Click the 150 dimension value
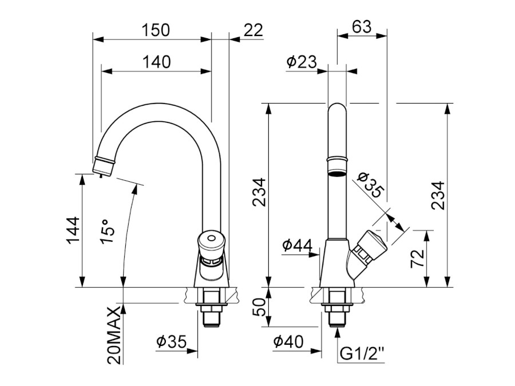pyautogui.click(x=156, y=30)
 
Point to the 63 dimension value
pyautogui.click(x=362, y=27)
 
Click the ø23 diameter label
pyautogui.click(x=301, y=62)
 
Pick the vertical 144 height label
pyautogui.click(x=72, y=230)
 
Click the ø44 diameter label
pyautogui.click(x=297, y=246)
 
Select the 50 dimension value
pyautogui.click(x=259, y=309)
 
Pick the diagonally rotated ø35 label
pyautogui.click(x=370, y=185)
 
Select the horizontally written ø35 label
pyautogui.click(x=172, y=342)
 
